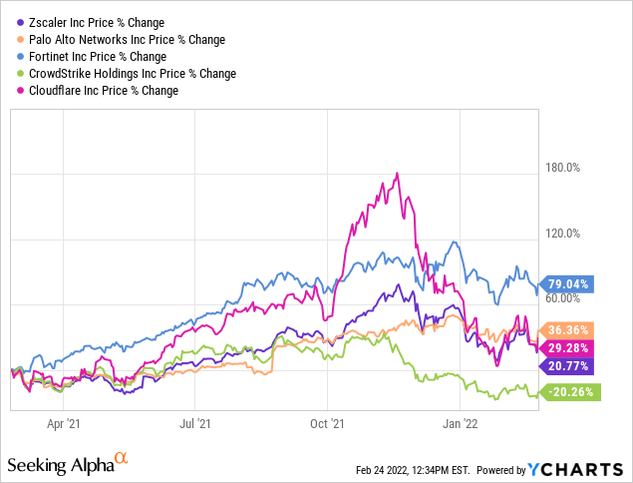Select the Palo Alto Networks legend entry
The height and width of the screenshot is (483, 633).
click(123, 39)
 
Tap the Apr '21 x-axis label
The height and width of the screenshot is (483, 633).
click(63, 423)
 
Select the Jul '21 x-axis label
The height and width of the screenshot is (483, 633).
click(195, 423)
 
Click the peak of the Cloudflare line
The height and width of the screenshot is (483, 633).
click(398, 174)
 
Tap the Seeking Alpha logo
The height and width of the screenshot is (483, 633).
click(68, 465)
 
